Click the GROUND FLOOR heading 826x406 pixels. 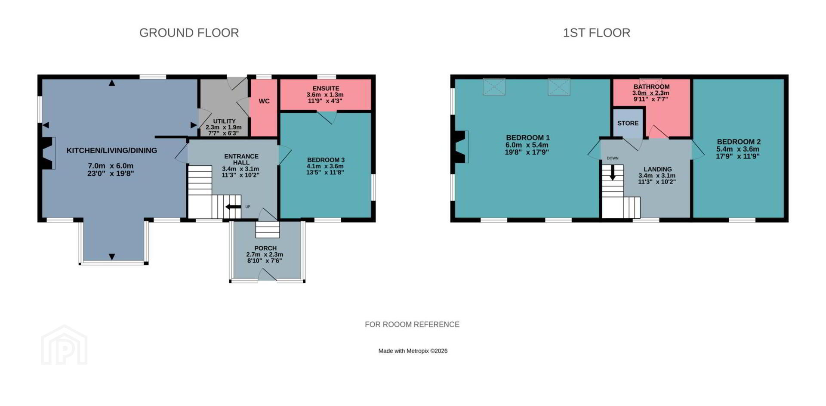[x=189, y=33]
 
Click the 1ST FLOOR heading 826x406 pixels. [x=596, y=33]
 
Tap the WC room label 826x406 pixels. [x=264, y=101]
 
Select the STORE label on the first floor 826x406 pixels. [x=628, y=123]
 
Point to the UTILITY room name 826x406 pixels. [x=224, y=121]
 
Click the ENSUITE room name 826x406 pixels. [x=326, y=88]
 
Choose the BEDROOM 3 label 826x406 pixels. [x=325, y=160]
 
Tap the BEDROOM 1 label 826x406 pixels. [x=527, y=138]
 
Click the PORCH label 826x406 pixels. [x=265, y=248]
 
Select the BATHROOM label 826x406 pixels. [x=651, y=87]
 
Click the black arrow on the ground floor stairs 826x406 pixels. [x=233, y=207]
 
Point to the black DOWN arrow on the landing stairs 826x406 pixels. [x=613, y=172]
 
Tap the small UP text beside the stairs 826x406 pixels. [x=248, y=207]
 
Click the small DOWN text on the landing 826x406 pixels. [x=613, y=158]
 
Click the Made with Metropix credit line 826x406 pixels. [x=413, y=351]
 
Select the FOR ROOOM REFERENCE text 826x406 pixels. [x=412, y=325]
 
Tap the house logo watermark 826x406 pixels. [x=65, y=345]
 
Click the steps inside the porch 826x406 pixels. [x=268, y=229]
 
